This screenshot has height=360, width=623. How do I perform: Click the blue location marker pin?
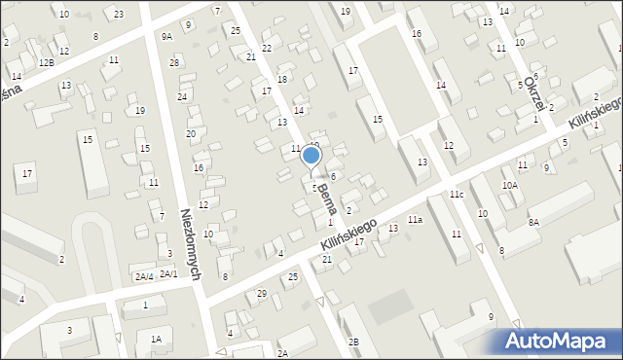311,156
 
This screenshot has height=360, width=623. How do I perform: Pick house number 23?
119,14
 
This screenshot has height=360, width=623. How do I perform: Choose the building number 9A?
166,36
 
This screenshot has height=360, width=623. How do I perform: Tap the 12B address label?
47,62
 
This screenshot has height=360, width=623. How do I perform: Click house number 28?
174,62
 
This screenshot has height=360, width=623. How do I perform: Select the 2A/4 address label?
144,276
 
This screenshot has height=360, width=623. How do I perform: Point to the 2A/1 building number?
168,273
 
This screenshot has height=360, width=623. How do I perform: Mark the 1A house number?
156,339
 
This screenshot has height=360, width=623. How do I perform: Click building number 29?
261,293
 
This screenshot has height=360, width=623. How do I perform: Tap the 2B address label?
354,342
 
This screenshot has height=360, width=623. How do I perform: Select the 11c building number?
456,195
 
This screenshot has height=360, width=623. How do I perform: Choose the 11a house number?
415,220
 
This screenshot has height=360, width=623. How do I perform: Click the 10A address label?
509,185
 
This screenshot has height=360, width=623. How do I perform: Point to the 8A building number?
533,222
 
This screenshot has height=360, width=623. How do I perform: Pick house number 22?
267,48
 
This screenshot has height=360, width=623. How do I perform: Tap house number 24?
182,96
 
